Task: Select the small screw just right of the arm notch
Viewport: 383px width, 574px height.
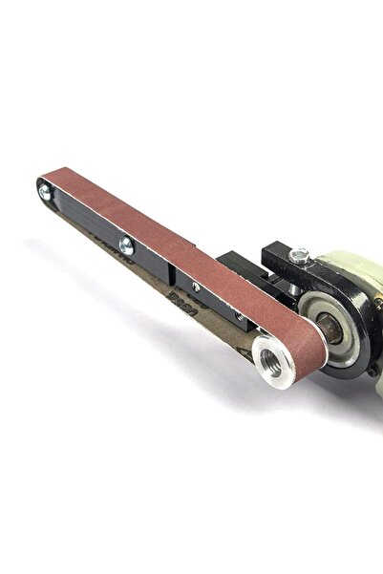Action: coord(196,287)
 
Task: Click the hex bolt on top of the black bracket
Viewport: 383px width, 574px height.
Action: coord(300,255)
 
